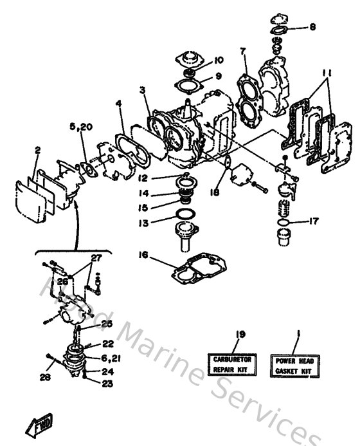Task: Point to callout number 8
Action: (x=312, y=27)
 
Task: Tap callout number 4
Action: (x=118, y=103)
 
